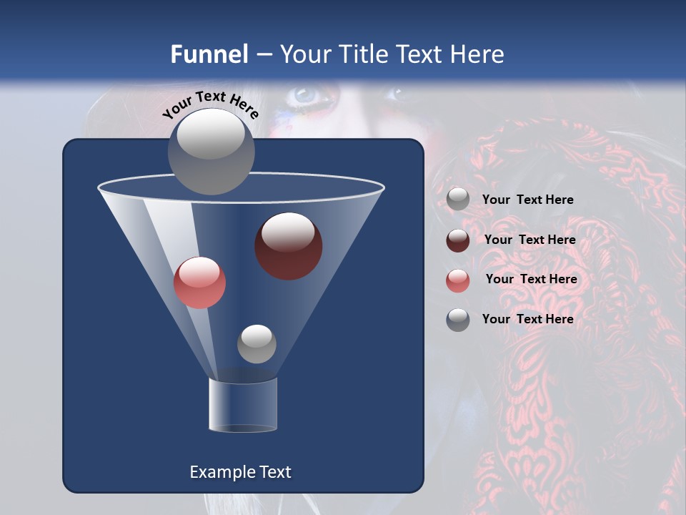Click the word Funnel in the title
pos(209,54)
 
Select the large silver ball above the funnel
pos(211,151)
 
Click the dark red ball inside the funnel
pos(289,245)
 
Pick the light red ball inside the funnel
pos(199,283)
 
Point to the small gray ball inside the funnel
pos(257,343)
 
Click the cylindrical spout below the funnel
pos(242,405)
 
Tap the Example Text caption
pos(240,472)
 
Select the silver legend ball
pos(458,200)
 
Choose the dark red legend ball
pos(458,240)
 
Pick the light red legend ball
pos(458,280)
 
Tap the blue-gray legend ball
pos(458,319)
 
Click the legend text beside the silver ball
pos(527,200)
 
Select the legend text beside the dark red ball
pos(530,240)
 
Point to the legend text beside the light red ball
pos(531,280)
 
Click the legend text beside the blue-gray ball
pos(527,319)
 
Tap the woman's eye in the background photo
pos(304,94)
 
